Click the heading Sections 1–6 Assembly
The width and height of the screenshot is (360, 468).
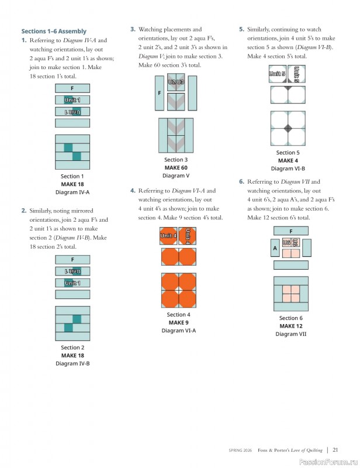[x=54, y=31]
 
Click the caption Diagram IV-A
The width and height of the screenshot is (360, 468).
[x=72, y=192]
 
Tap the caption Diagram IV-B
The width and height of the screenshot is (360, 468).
[x=72, y=363]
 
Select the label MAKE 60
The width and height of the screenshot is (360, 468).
[x=176, y=167]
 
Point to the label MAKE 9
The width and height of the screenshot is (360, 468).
[x=178, y=322]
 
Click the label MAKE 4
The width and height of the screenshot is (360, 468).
[x=288, y=160]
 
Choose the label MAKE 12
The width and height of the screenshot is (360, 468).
[x=290, y=326]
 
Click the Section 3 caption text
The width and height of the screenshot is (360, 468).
[x=176, y=160]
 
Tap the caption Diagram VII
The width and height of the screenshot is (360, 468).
[x=290, y=334]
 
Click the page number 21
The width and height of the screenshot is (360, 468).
[x=335, y=450]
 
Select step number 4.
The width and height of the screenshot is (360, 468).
[x=133, y=191]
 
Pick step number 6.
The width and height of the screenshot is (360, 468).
[x=241, y=182]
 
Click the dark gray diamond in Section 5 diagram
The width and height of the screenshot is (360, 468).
[x=288, y=128]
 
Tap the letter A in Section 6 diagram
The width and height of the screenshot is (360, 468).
[x=275, y=247]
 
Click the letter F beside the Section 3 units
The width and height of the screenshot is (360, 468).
[x=159, y=93]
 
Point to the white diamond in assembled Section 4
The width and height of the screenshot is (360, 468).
[x=178, y=291]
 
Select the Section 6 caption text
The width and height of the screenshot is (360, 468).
[x=290, y=318]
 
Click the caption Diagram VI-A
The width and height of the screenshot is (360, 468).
[x=178, y=331]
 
